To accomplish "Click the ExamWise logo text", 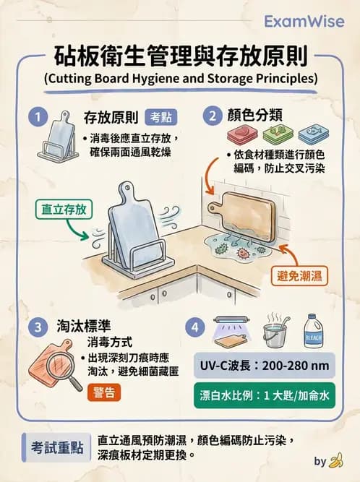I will coord(304,22).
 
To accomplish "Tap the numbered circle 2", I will coord(213,115).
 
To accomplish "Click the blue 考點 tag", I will coord(160,116).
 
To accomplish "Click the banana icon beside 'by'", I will coord(336,460).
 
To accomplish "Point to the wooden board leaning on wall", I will coord(252,211).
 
